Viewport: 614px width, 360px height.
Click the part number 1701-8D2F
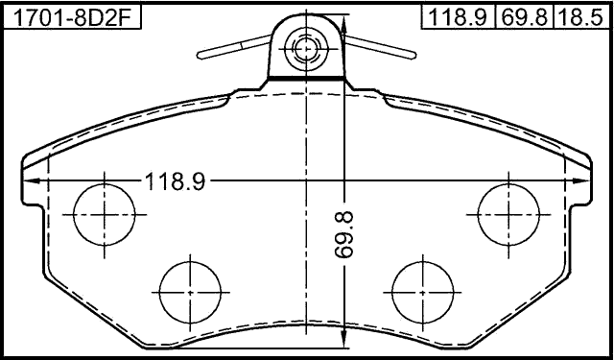pyautogui.click(x=66, y=16)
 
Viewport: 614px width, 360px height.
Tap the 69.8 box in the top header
pyautogui.click(x=524, y=16)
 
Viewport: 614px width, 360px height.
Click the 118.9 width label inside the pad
pyautogui.click(x=175, y=180)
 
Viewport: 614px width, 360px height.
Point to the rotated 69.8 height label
pyautogui.click(x=344, y=234)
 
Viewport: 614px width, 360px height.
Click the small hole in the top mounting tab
pyautogui.click(x=306, y=46)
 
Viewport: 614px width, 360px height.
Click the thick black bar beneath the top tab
pyautogui.click(x=306, y=78)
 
